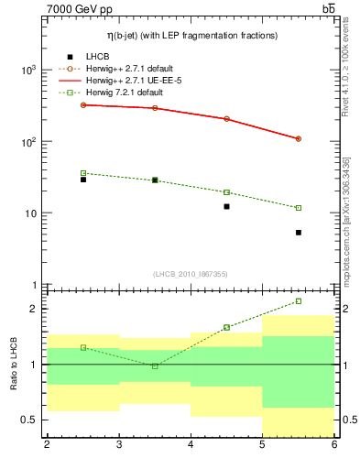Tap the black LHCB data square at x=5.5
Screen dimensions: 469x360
[x=299, y=233]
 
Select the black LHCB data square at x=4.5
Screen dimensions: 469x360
[x=227, y=207]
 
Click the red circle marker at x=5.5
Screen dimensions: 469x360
[x=299, y=139]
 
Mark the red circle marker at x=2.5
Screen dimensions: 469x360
[x=83, y=105]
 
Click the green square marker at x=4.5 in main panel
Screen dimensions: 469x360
[x=227, y=192]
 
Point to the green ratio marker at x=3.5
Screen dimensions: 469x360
[x=155, y=366]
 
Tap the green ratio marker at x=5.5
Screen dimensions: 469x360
[x=299, y=300]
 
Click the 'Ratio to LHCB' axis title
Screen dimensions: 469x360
[x=13, y=364]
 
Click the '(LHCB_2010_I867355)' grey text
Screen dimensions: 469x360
[x=191, y=275]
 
